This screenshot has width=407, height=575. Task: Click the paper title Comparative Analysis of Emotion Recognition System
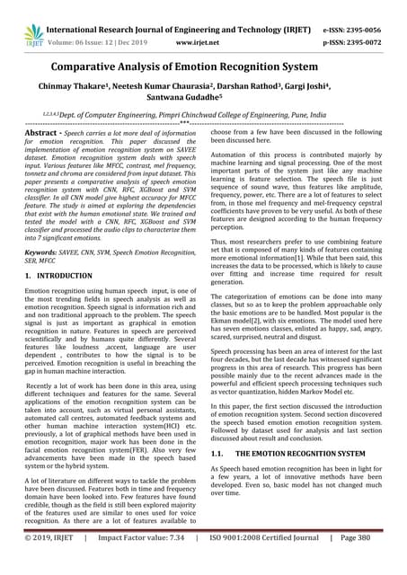203,66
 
